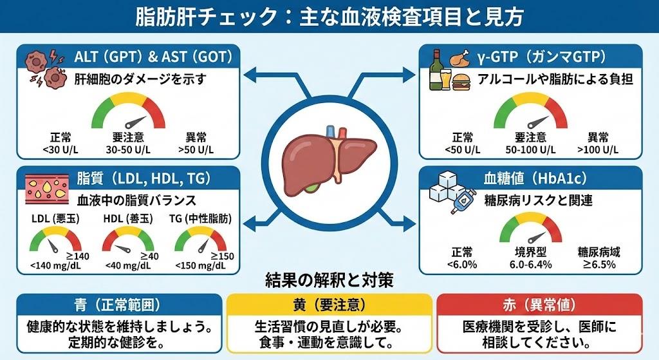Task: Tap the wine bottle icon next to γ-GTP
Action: click(437, 70)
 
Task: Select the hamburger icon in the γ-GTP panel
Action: click(461, 83)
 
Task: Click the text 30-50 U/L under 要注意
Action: click(127, 149)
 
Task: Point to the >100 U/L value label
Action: click(598, 149)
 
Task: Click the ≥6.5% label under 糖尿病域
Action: click(599, 264)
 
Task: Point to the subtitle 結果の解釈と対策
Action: click(329, 281)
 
